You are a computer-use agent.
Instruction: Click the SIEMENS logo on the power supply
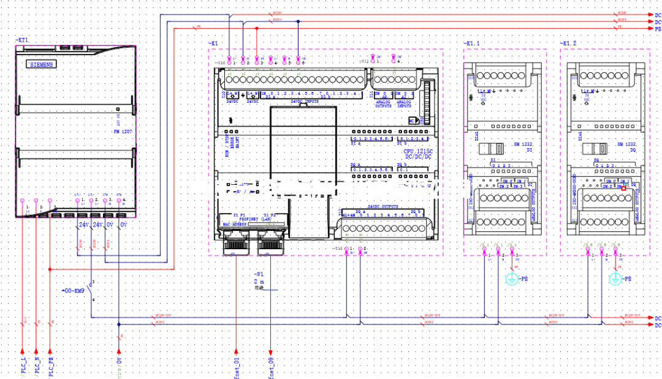click(42, 64)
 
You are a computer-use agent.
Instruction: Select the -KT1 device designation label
click(23, 40)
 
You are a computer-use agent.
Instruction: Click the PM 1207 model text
click(123, 132)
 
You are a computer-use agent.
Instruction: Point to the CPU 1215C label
click(417, 151)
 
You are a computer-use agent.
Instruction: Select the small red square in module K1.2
click(624, 189)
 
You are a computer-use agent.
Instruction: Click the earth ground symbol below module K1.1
click(512, 279)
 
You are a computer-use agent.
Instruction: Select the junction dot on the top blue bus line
click(298, 22)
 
